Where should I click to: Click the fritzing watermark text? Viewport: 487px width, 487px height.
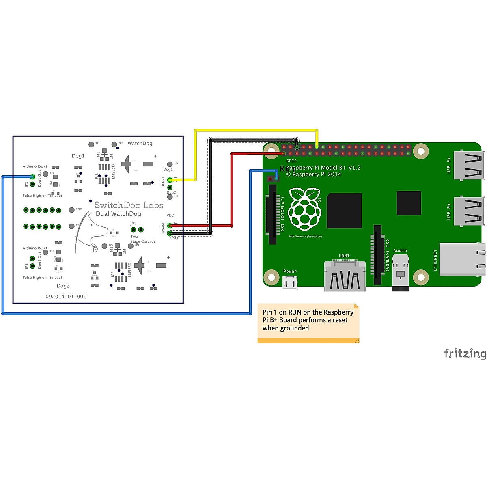[465, 353]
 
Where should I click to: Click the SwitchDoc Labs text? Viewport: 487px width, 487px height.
[129, 205]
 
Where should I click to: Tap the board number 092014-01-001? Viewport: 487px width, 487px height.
[66, 297]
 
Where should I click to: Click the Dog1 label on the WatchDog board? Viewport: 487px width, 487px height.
[78, 156]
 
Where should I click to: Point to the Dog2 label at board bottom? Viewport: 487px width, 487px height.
[63, 286]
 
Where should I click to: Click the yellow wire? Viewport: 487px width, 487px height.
[256, 130]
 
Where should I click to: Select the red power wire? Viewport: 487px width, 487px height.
[232, 191]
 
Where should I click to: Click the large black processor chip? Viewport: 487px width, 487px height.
[344, 211]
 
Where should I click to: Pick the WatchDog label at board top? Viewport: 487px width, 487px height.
[140, 143]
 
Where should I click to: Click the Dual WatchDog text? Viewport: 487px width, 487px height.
[119, 214]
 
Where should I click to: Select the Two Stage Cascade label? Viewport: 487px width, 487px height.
[142, 239]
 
